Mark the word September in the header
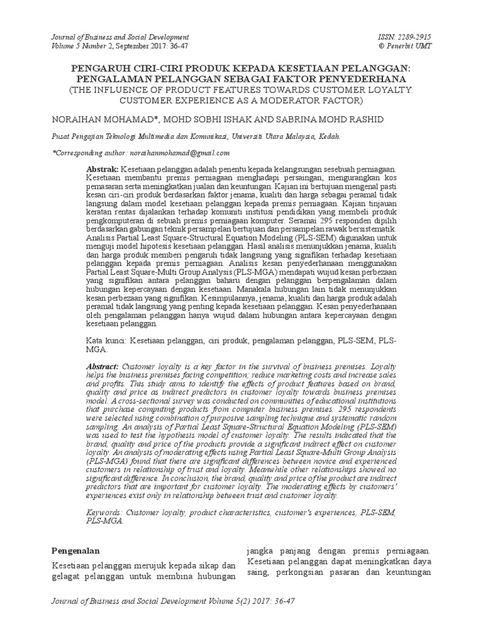[134, 46]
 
